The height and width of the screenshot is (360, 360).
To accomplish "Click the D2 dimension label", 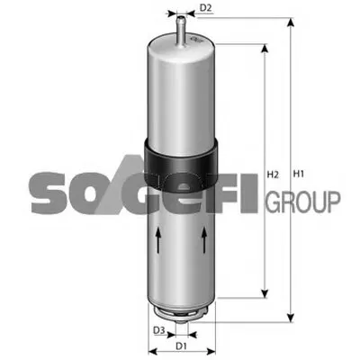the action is coord(206,8).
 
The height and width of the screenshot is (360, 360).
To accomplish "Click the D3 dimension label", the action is coord(159,330).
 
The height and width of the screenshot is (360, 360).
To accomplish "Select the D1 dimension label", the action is coord(181,346).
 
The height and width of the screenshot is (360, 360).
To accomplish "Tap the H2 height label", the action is coord(273,175).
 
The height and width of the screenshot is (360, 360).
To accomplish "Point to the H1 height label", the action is coord(299,174).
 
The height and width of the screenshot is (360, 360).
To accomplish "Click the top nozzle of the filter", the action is coord(181,31).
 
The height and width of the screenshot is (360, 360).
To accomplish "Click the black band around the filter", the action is coord(181,164).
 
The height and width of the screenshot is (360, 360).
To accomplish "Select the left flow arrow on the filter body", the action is coord(158,239).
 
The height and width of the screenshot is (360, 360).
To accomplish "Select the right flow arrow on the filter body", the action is coord(204,239).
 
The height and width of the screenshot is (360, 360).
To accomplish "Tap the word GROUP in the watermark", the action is coord(303,202).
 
